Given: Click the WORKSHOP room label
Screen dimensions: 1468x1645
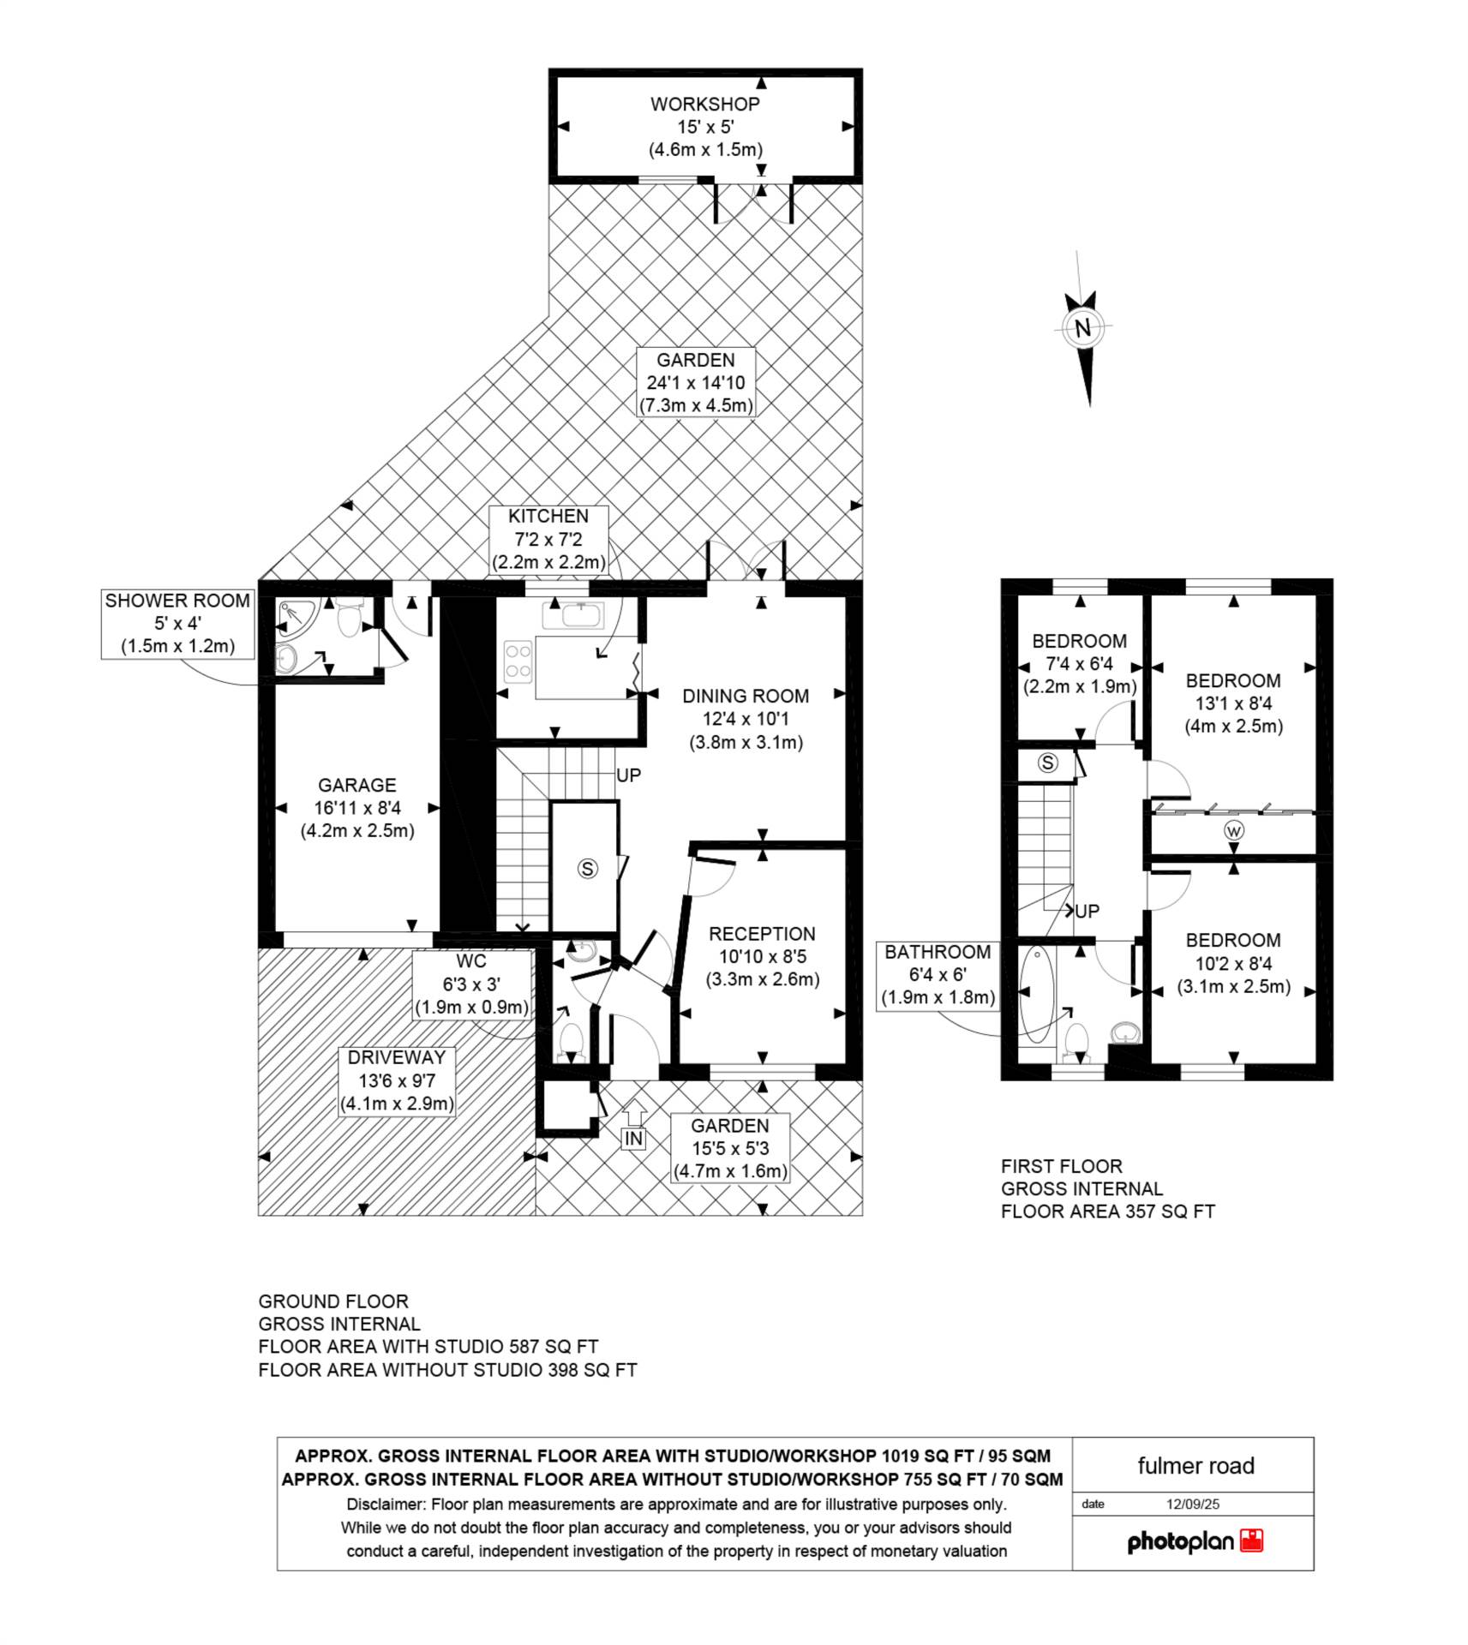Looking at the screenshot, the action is point(704,105).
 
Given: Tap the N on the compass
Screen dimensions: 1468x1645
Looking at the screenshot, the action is point(1082,327).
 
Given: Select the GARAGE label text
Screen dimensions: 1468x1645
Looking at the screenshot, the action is point(357,785).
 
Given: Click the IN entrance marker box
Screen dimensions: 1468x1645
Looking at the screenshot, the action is point(633,1139).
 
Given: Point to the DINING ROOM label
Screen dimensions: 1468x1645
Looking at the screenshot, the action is point(746,696).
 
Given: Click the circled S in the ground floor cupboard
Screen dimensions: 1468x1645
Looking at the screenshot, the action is point(587,869).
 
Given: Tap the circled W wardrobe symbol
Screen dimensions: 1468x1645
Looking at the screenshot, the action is point(1234,830).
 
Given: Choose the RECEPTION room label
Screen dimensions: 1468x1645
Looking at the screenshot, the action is point(762,934).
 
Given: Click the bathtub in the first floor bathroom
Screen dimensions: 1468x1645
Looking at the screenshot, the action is point(1036,994).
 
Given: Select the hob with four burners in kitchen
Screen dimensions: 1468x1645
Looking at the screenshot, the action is point(518,662).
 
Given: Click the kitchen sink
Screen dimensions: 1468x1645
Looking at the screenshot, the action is point(572,615).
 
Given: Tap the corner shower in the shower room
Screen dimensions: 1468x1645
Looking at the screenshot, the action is point(297,615).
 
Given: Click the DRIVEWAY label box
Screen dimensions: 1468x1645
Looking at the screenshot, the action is point(397,1081).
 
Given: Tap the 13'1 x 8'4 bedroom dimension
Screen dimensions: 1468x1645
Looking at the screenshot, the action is point(1233,703).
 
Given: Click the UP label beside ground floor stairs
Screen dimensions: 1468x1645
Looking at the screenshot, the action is point(628,775).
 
